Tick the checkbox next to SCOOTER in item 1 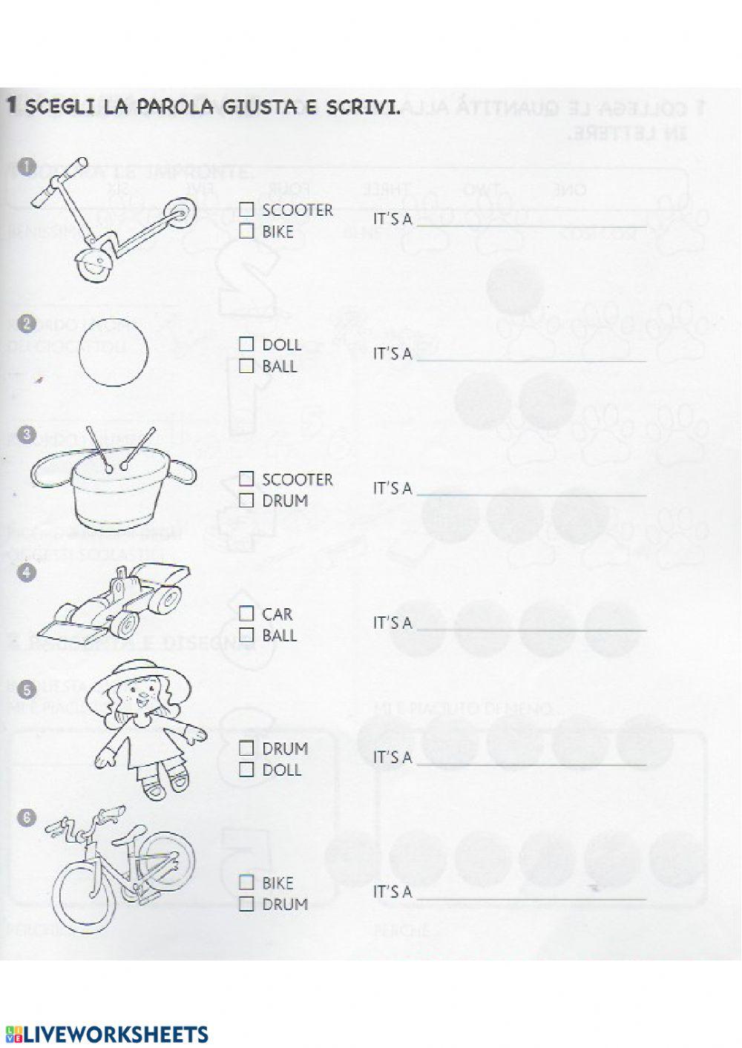(246, 210)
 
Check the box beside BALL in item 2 (246, 366)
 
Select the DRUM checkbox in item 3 (246, 501)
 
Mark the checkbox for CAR (246, 613)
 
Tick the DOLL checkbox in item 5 (246, 770)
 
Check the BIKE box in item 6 (246, 883)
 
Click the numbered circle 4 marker (27, 573)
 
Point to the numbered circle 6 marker (27, 817)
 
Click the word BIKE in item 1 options (278, 232)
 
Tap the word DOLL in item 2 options (281, 345)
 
